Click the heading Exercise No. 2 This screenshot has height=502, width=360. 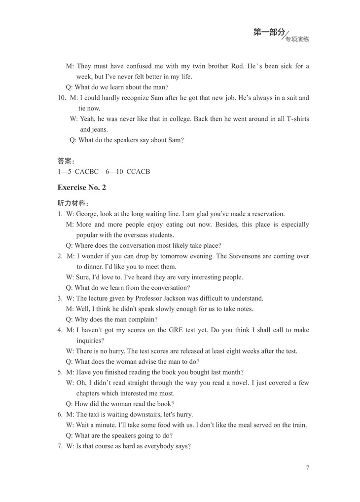tap(81, 188)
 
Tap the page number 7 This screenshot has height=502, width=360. tap(307, 468)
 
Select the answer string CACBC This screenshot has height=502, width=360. tap(87, 172)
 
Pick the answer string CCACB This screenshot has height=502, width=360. tap(138, 172)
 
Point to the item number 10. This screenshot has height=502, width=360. tap(62, 98)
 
